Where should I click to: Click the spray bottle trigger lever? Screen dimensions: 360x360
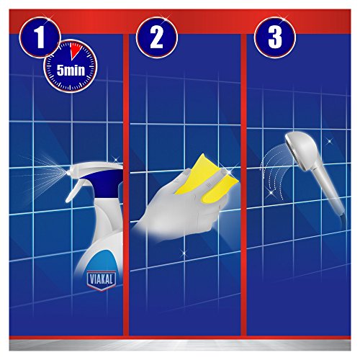[72, 189]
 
